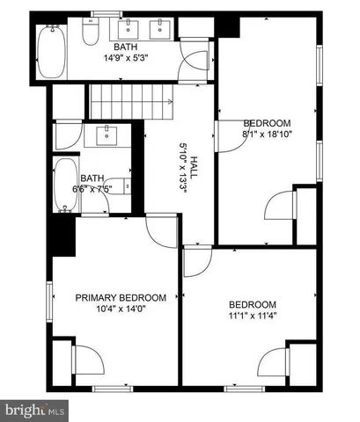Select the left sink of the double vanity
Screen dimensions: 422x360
pos(129,30)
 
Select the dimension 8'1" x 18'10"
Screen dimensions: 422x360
pos(267,135)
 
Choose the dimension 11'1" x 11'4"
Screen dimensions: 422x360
pos(252,316)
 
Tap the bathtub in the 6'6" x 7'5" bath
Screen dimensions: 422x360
pos(65,186)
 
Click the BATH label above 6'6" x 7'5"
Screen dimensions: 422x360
pos(92,178)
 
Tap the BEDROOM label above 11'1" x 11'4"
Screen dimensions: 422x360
pos(252,304)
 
